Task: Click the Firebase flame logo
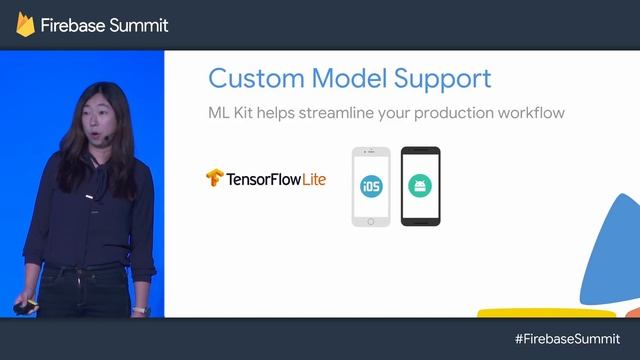[x=25, y=25]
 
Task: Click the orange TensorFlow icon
[x=213, y=179]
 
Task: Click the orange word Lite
[x=307, y=180]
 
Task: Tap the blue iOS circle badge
[x=370, y=186]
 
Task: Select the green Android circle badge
[x=420, y=186]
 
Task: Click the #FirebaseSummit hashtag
[x=567, y=339]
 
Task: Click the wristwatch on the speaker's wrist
[x=141, y=310]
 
